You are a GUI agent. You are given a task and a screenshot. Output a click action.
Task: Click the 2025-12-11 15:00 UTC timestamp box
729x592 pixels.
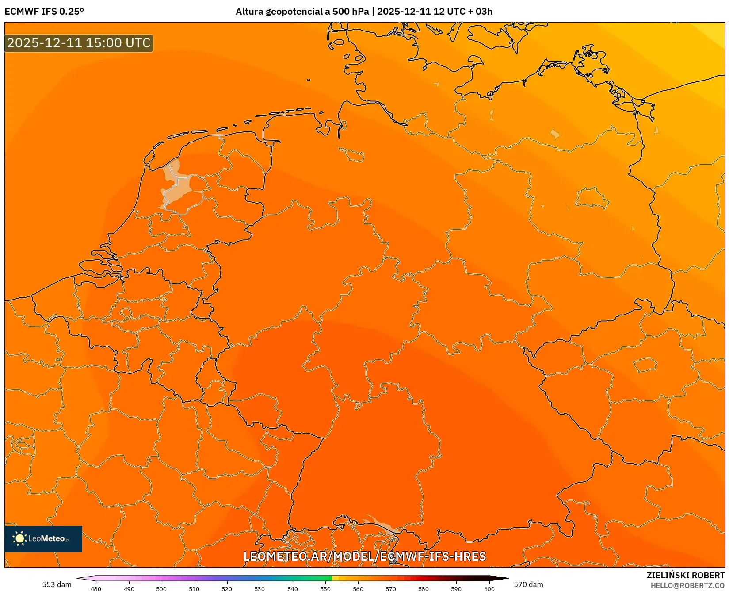[79, 43]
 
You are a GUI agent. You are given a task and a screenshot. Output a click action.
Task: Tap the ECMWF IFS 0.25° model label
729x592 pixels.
[44, 12]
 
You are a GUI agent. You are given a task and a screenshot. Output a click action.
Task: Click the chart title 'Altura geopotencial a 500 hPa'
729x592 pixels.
[302, 12]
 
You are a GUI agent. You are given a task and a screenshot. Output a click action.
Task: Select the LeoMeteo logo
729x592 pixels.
[43, 538]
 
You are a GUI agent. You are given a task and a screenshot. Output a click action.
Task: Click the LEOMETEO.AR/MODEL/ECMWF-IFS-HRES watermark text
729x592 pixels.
[365, 556]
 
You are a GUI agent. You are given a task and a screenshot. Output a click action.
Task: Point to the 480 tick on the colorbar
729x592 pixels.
[96, 588]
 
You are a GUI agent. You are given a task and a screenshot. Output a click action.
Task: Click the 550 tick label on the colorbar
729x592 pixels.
[325, 588]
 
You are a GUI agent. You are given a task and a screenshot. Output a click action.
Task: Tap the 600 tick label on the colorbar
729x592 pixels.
[489, 588]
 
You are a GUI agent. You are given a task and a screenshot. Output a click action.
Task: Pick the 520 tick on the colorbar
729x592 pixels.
[227, 588]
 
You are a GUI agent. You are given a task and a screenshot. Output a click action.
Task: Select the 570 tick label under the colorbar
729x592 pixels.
[391, 588]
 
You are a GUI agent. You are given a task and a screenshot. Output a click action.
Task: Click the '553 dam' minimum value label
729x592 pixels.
[57, 584]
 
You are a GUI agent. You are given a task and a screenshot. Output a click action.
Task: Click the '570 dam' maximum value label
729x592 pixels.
[528, 584]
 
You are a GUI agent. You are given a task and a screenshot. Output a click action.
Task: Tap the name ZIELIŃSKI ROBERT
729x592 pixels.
[686, 575]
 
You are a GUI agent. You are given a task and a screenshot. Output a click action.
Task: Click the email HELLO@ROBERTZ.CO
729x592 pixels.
[687, 585]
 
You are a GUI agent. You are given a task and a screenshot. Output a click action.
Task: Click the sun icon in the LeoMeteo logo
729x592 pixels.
[19, 538]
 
